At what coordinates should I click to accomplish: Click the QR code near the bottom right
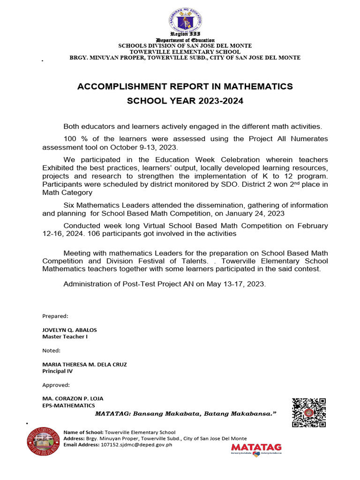point(309,412)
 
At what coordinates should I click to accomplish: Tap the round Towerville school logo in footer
point(44,441)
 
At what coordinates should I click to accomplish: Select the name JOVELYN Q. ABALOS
point(69,330)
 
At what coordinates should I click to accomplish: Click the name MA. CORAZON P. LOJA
point(73,398)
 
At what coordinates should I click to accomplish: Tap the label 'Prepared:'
point(55,316)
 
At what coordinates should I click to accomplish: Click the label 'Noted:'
point(52,350)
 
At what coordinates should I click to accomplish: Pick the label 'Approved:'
point(56,385)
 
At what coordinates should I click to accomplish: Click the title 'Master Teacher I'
point(65,337)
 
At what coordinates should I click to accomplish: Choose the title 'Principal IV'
point(58,371)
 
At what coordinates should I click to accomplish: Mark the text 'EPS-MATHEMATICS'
point(68,405)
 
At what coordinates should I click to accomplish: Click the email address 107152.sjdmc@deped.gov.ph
point(137,444)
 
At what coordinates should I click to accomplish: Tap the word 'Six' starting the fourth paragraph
point(69,206)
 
